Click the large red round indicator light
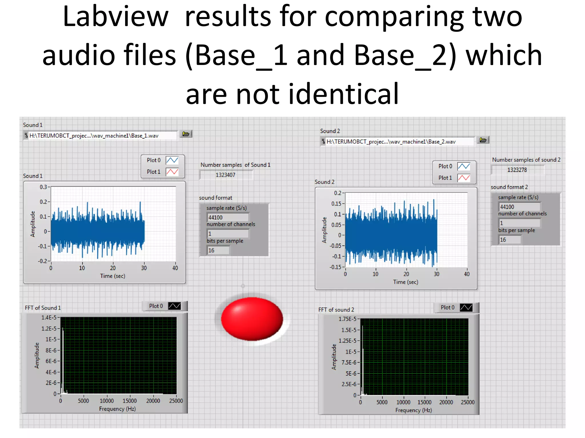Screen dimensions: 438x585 tap(252, 319)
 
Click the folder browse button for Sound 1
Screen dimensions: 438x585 tap(186, 134)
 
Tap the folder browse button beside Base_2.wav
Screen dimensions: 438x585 tap(483, 140)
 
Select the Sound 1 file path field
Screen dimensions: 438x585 tap(100, 136)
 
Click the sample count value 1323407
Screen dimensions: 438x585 tap(226, 175)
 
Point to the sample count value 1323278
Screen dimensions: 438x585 tap(517, 170)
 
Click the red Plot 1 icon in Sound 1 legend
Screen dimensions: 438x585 tap(172, 172)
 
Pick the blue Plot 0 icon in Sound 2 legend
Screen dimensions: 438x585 tap(464, 166)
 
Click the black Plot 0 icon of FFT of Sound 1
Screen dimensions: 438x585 tap(175, 306)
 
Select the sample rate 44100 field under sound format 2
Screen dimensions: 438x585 tap(519, 207)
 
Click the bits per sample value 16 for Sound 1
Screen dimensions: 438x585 tap(218, 250)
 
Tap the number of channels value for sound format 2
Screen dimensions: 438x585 tap(519, 223)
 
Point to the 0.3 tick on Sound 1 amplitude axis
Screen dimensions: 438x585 tap(43, 187)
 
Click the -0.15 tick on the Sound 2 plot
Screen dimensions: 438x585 tap(335, 267)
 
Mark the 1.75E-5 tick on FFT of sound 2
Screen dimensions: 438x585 tap(347, 319)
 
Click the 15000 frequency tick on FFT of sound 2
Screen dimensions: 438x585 tap(424, 402)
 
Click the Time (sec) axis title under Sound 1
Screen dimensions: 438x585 tap(113, 276)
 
